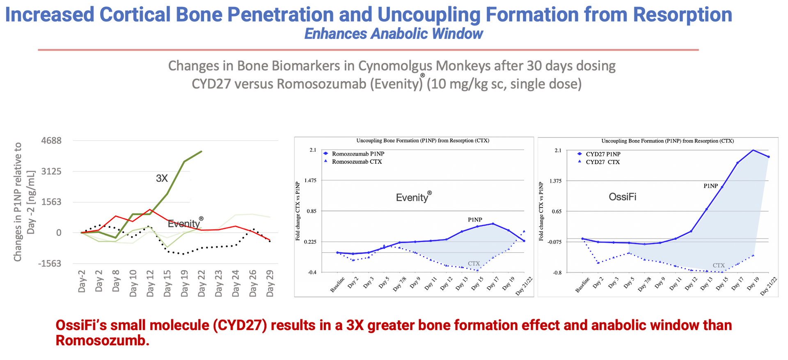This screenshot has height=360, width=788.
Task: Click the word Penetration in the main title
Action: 280,14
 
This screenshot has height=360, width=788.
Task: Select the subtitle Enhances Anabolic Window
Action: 394,34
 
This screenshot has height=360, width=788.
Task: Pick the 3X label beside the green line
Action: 162,178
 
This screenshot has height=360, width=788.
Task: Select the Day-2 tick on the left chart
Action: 82,281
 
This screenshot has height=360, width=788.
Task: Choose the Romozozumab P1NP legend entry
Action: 358,154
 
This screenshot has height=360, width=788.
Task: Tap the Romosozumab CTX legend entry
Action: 357,162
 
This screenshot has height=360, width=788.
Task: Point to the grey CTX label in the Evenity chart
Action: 474,264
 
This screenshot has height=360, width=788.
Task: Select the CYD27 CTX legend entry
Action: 602,162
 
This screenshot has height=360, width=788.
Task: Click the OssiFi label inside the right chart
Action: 623,197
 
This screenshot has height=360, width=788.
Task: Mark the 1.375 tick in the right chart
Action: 555,181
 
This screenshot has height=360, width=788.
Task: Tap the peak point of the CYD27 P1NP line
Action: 753,150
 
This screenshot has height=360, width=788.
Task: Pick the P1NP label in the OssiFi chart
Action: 711,186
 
